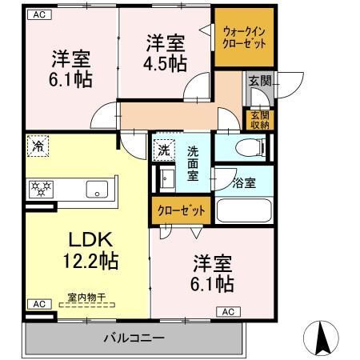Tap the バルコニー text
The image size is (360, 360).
click(133, 338)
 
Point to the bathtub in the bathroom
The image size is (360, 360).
click(244, 211)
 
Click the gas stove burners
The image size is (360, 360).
click(42, 190)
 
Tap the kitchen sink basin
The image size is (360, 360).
click(98, 190)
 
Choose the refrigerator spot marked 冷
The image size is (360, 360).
click(37, 146)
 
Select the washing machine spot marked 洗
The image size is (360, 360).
click(164, 150)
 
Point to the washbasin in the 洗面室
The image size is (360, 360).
click(166, 177)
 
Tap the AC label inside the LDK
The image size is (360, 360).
click(38, 304)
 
